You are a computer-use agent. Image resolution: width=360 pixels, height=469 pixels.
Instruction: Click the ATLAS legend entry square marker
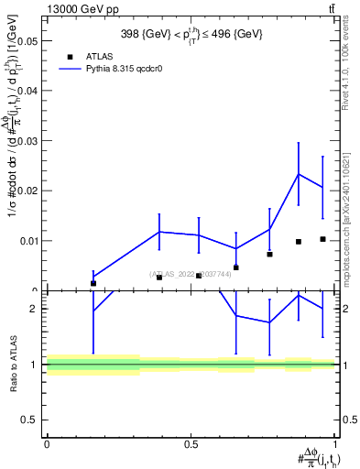coord(70,57)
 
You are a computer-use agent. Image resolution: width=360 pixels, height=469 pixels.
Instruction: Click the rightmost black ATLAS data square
coord(322,239)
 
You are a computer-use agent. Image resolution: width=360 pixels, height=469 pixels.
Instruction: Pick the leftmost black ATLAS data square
coord(93,283)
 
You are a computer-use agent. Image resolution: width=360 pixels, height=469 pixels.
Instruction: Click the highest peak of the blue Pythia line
coord(299,174)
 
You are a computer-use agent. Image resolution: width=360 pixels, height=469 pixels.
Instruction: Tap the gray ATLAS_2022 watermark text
coord(191,273)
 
